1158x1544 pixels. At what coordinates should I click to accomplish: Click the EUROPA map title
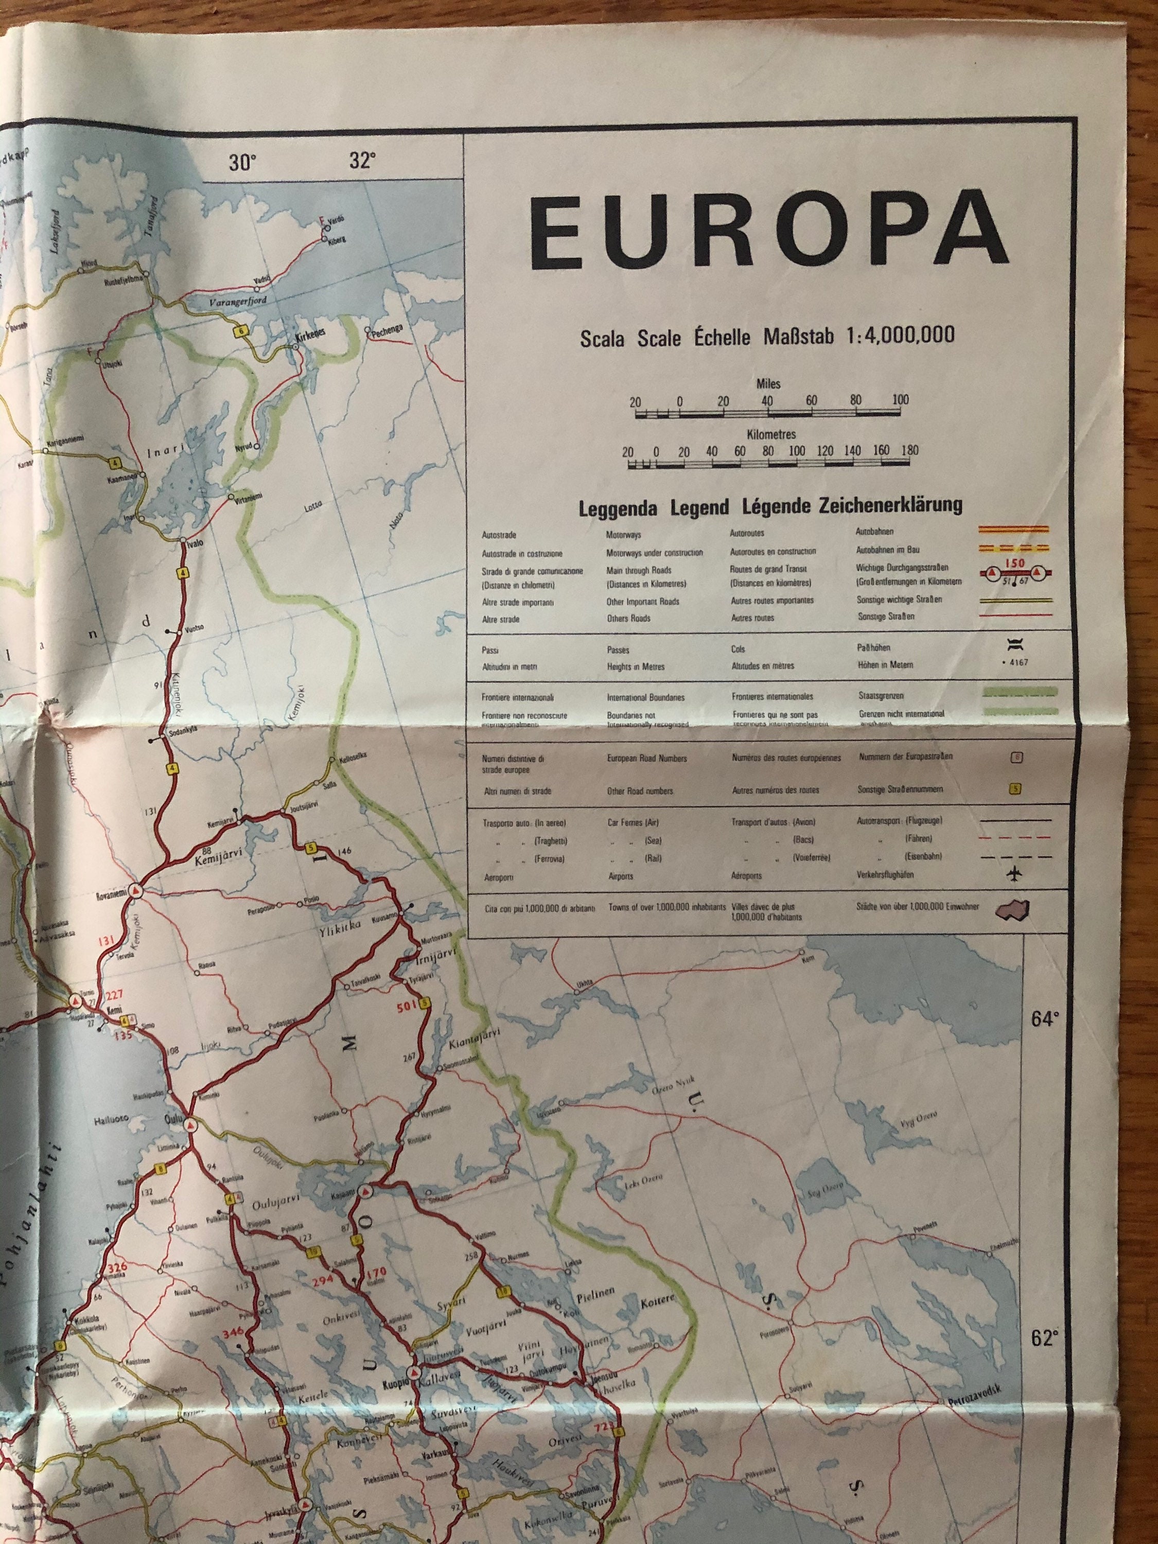pyautogui.click(x=768, y=234)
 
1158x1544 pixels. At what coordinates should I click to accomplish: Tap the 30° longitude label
pyautogui.click(x=242, y=163)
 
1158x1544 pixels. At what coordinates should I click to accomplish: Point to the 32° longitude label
pyautogui.click(x=362, y=161)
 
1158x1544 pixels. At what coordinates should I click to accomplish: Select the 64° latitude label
pyautogui.click(x=1045, y=1020)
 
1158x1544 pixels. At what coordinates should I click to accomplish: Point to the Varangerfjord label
pyautogui.click(x=238, y=302)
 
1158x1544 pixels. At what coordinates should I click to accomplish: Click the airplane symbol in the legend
pyautogui.click(x=1015, y=873)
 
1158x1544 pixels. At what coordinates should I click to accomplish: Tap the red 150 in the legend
pyautogui.click(x=1014, y=563)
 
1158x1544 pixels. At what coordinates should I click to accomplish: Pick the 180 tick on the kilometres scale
pyautogui.click(x=909, y=450)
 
